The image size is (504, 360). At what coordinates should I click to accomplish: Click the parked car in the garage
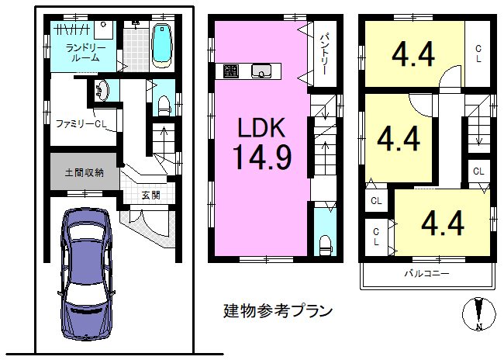tap(86, 273)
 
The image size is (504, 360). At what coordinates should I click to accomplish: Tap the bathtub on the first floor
tap(162, 46)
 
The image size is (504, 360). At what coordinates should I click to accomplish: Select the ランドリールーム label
tap(85, 53)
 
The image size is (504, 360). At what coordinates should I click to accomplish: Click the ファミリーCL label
tap(81, 124)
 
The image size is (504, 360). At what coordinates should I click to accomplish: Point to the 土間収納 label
tap(85, 173)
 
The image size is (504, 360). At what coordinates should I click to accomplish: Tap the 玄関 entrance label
tap(150, 195)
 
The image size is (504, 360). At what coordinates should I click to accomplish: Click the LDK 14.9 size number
tap(262, 157)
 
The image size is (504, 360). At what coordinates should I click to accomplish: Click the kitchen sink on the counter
tap(261, 71)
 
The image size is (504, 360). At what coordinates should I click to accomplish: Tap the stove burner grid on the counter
tap(231, 71)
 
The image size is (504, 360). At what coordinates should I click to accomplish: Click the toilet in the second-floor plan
tap(326, 245)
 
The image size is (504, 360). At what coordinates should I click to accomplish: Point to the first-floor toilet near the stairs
tap(164, 105)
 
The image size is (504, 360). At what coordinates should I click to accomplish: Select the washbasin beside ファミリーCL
tap(102, 90)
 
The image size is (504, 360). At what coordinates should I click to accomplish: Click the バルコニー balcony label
tap(426, 274)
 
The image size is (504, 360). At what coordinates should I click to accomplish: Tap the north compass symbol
tap(479, 313)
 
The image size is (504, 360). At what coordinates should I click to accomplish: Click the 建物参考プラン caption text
tap(278, 311)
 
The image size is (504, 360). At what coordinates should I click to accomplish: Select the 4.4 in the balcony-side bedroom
tap(443, 223)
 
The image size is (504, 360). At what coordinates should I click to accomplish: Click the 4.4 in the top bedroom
tap(413, 54)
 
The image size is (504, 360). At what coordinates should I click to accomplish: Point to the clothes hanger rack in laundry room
tap(72, 29)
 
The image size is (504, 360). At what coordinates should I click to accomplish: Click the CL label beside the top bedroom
tap(478, 54)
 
